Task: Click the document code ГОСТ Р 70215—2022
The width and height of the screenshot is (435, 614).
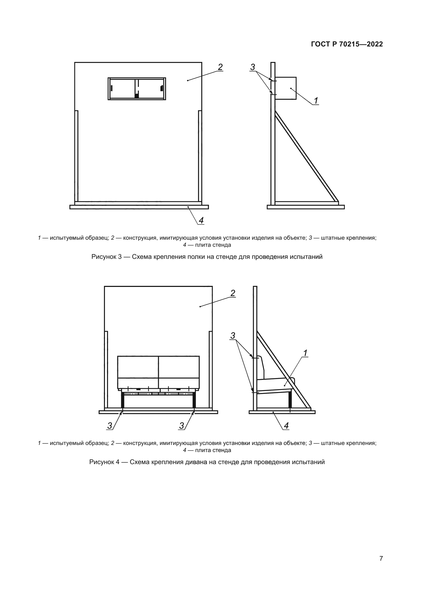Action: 347,44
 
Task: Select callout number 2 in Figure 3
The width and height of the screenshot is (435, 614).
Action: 220,67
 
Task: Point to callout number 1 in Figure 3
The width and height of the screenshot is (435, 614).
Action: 316,101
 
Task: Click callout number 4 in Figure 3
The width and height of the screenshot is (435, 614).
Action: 201,220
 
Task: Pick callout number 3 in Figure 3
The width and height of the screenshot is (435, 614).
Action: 252,67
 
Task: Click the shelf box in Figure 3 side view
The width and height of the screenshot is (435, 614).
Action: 286,88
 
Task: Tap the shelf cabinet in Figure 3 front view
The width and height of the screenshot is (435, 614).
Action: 137,89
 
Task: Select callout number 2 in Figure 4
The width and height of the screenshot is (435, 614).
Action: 233,293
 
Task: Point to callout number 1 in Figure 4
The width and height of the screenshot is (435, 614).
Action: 305,353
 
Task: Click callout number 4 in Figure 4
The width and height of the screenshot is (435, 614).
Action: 286,426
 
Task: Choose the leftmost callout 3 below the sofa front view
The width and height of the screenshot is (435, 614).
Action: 110,426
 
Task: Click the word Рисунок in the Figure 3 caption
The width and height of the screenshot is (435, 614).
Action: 103,257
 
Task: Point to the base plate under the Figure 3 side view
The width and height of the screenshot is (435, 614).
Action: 306,207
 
